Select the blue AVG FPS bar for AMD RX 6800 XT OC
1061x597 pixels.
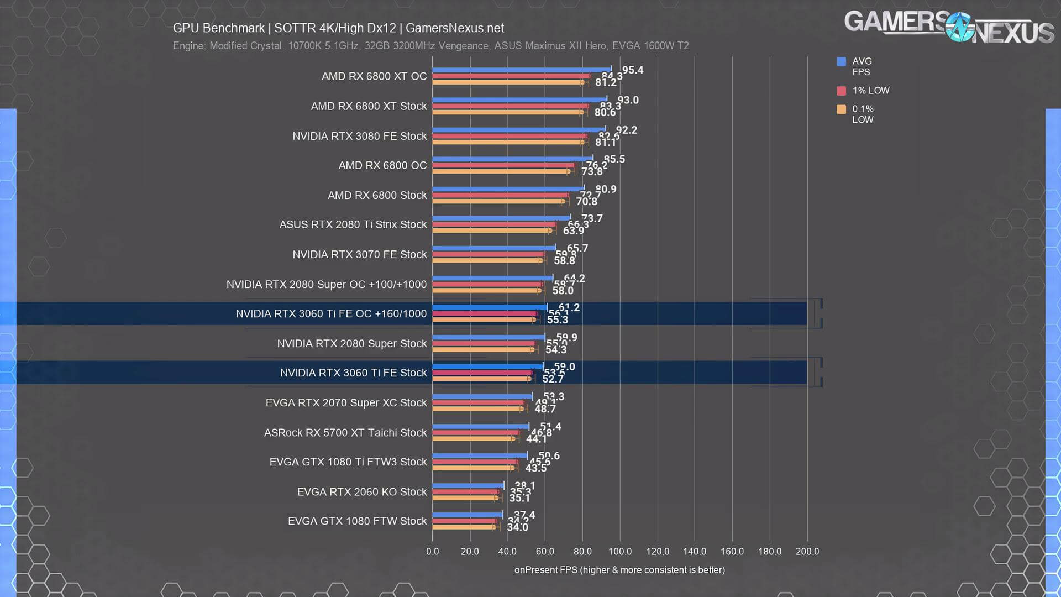click(x=521, y=70)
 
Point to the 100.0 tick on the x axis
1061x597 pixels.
click(x=619, y=552)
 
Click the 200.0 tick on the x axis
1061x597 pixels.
click(x=807, y=552)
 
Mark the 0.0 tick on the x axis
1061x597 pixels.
click(x=432, y=552)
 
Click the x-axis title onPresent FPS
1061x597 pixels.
click(x=619, y=570)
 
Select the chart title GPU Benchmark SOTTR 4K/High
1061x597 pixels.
click(x=338, y=28)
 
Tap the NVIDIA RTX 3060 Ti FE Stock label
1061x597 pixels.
click(x=353, y=373)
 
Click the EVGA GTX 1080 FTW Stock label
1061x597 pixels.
click(x=357, y=521)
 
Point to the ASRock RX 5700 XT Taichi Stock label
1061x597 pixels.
click(x=345, y=433)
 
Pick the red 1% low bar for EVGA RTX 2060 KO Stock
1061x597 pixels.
click(x=465, y=491)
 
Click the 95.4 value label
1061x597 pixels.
click(x=633, y=70)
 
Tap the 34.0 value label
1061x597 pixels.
click(x=517, y=527)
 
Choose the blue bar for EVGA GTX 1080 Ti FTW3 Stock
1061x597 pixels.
click(x=480, y=456)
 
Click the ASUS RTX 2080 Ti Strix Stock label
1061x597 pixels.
click(x=353, y=225)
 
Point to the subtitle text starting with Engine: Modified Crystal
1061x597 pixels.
click(x=430, y=46)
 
